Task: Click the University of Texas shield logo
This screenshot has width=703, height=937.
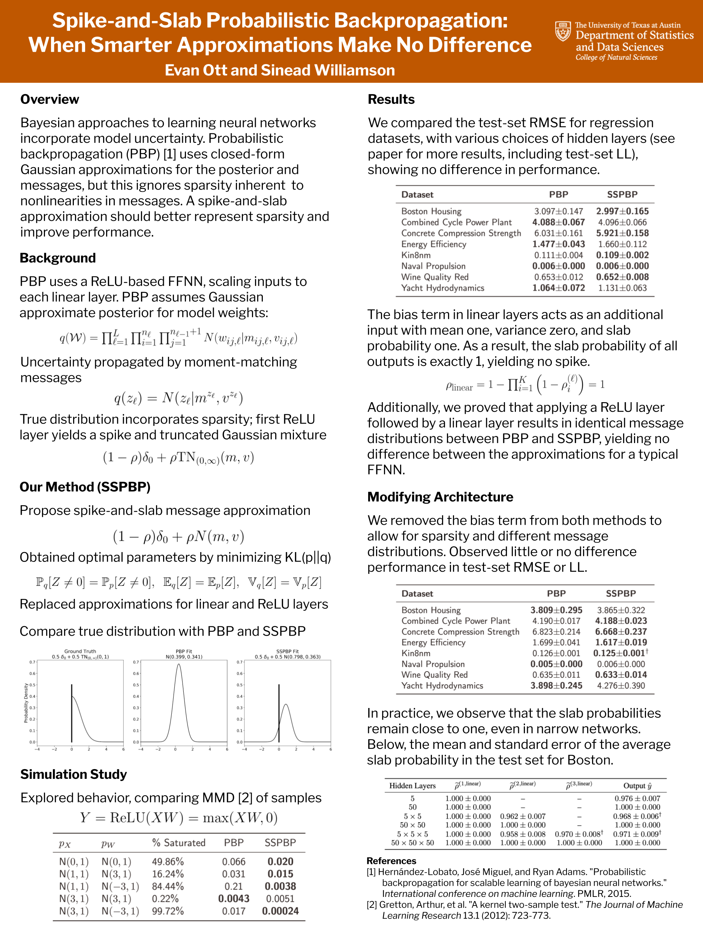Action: [563, 31]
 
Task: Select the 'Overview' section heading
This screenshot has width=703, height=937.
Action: [49, 100]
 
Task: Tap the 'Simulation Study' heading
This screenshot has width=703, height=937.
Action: [73, 774]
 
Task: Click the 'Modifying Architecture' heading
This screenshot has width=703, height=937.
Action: [440, 497]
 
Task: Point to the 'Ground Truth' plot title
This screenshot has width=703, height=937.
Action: [80, 651]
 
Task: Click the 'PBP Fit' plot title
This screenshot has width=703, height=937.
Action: [184, 651]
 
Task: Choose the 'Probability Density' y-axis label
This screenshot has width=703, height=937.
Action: [26, 703]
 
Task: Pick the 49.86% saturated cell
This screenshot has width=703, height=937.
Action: [168, 862]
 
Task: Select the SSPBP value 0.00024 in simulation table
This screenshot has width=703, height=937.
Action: [280, 911]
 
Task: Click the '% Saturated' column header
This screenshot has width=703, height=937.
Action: [178, 843]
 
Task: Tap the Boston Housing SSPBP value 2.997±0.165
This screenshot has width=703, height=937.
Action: [622, 211]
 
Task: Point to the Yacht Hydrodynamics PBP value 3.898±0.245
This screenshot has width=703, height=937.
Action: [556, 686]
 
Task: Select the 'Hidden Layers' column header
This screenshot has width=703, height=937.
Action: [412, 786]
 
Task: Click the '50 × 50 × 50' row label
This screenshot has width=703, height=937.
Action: [412, 843]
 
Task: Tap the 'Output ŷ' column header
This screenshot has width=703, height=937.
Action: [637, 786]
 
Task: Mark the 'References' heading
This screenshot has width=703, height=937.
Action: [391, 861]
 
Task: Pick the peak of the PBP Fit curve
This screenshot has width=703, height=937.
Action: [179, 664]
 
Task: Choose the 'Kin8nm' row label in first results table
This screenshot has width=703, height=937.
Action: [416, 255]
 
